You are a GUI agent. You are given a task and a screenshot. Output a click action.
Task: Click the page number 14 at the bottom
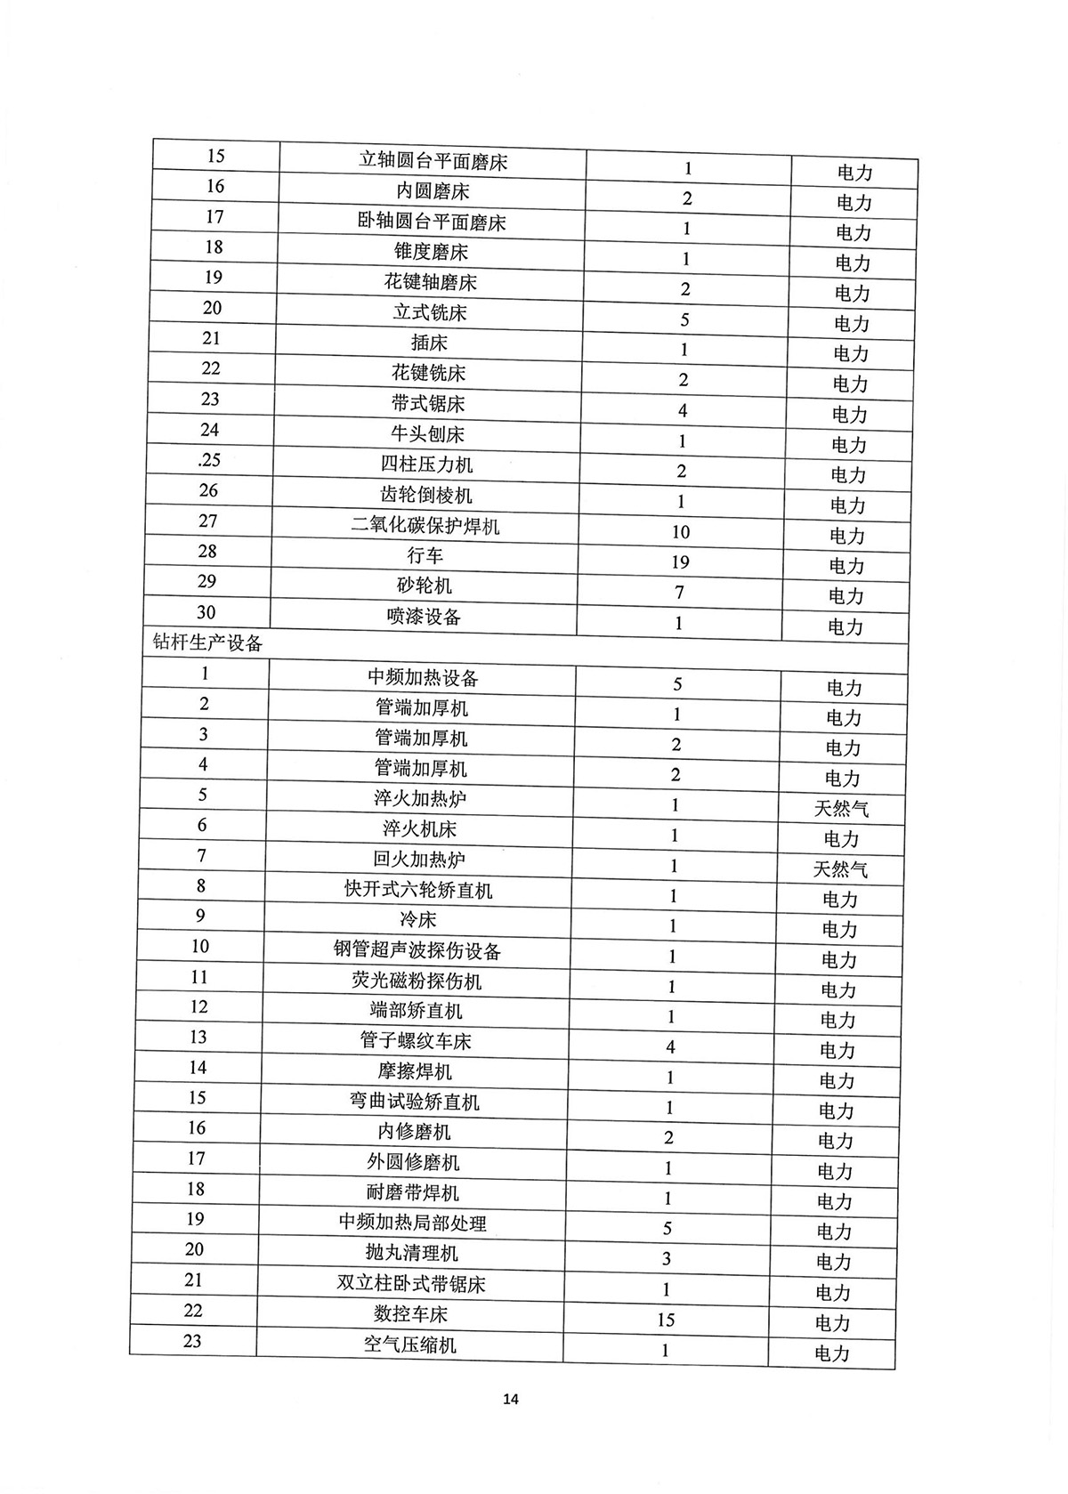click(x=511, y=1398)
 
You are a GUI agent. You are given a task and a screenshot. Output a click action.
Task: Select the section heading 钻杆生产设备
click(x=208, y=642)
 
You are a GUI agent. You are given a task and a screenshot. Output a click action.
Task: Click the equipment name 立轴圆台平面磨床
click(x=433, y=161)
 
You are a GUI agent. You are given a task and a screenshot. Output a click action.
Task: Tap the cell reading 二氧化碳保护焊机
click(x=425, y=526)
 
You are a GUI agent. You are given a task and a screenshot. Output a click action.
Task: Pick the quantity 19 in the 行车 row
click(x=681, y=562)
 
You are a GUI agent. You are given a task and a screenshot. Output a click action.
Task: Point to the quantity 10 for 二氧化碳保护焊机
click(x=681, y=532)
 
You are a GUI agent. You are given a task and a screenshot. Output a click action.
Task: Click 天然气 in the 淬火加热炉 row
click(x=841, y=809)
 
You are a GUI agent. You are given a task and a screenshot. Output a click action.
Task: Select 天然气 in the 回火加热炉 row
click(x=840, y=869)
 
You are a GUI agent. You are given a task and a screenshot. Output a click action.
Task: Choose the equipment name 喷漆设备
click(x=424, y=617)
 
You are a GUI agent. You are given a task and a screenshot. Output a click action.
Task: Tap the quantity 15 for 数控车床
click(x=667, y=1320)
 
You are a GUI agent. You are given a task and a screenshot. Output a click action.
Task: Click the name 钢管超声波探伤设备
click(x=417, y=950)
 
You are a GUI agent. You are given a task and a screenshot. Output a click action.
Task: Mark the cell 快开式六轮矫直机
click(x=418, y=890)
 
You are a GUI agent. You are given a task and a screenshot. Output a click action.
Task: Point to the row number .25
click(x=209, y=460)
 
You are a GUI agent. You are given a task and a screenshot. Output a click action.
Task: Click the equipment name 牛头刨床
click(x=428, y=434)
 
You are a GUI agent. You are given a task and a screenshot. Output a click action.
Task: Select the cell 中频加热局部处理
click(x=413, y=1223)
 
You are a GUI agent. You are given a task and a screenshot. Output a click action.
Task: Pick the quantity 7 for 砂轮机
click(x=679, y=593)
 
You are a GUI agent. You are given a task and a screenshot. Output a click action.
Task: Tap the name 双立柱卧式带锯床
click(x=411, y=1284)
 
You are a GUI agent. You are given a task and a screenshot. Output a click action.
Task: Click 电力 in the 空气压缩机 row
click(x=832, y=1353)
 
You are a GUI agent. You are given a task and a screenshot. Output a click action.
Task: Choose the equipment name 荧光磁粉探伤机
click(x=417, y=981)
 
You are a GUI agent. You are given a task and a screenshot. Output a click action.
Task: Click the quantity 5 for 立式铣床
click(x=684, y=319)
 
